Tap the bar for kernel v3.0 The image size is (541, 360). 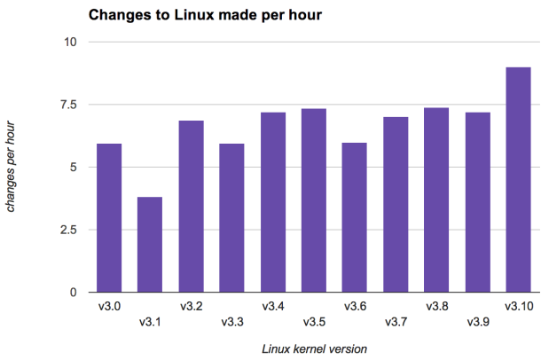coord(109,218)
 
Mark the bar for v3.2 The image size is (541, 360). coord(191,207)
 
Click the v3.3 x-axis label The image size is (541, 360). coord(231,321)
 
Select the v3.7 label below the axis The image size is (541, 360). coord(396,321)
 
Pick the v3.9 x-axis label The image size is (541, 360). coord(478,321)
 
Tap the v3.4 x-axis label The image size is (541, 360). coord(273,307)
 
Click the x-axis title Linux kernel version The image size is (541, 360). coord(314,348)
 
